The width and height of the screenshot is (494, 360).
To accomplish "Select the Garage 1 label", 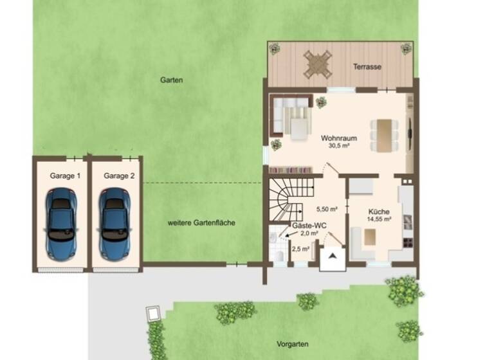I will click(x=65, y=175).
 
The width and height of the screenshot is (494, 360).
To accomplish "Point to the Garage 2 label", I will click(x=119, y=175).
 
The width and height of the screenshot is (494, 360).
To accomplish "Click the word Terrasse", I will click(x=367, y=67).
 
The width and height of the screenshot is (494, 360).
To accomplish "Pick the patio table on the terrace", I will click(x=318, y=64).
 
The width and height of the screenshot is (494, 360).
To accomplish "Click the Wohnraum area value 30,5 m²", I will click(x=338, y=146).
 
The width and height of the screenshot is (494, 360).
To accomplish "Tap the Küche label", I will click(x=379, y=212).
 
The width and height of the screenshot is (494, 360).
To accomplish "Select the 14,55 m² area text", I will click(x=380, y=219).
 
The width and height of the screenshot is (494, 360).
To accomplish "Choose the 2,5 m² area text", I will click(x=300, y=249).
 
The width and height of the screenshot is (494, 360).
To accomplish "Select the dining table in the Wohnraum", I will click(x=384, y=135).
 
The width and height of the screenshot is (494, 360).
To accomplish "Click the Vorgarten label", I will click(x=290, y=344).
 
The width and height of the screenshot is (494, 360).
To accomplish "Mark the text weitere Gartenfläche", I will click(x=201, y=222).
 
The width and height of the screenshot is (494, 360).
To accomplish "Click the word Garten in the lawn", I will click(x=172, y=80).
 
